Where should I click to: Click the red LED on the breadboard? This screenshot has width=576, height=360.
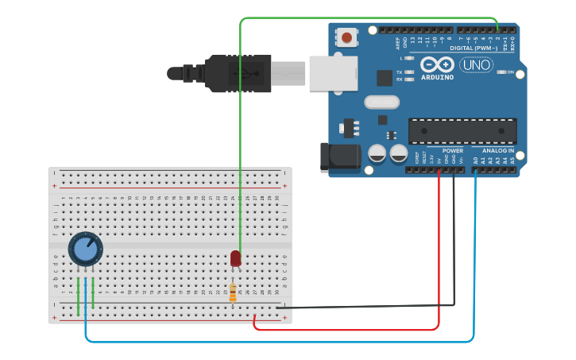pyautogui.click(x=235, y=258)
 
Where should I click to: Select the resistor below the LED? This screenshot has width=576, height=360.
pyautogui.click(x=233, y=293)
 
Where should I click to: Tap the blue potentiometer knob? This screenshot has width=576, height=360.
pyautogui.click(x=85, y=249)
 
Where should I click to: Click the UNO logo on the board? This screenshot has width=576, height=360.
pyautogui.click(x=476, y=64)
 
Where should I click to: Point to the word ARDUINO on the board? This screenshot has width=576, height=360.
pyautogui.click(x=437, y=78)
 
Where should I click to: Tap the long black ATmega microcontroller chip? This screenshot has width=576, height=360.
pyautogui.click(x=462, y=131)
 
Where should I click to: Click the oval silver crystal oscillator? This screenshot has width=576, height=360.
pyautogui.click(x=381, y=102)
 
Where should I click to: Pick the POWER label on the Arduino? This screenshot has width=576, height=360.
pyautogui.click(x=453, y=150)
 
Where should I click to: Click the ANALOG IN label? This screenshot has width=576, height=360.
pyautogui.click(x=498, y=150)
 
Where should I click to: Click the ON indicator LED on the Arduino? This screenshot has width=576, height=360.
pyautogui.click(x=500, y=72)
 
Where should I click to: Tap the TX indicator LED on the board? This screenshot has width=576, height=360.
pyautogui.click(x=409, y=72)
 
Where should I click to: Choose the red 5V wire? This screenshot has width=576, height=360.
pyautogui.click(x=439, y=262)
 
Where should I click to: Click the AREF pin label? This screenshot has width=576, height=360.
pyautogui.click(x=399, y=43)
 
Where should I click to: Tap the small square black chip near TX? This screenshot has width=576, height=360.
pyautogui.click(x=385, y=77)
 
